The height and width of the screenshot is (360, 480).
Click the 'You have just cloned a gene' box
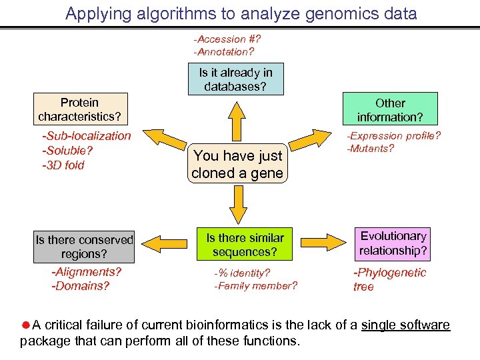click(237, 165)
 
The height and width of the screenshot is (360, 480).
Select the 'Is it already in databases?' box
click(235, 79)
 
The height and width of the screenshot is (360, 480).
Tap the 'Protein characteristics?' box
click(79, 109)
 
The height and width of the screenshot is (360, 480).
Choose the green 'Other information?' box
click(390, 109)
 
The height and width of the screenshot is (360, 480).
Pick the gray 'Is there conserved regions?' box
click(85, 246)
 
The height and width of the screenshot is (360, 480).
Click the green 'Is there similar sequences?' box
click(245, 245)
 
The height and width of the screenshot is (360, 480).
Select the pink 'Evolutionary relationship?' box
click(393, 243)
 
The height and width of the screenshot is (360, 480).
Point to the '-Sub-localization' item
click(87, 136)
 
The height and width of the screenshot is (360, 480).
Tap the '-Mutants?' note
click(370, 149)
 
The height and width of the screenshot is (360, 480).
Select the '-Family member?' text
click(255, 286)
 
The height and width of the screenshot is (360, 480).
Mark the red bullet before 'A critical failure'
click(25, 325)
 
